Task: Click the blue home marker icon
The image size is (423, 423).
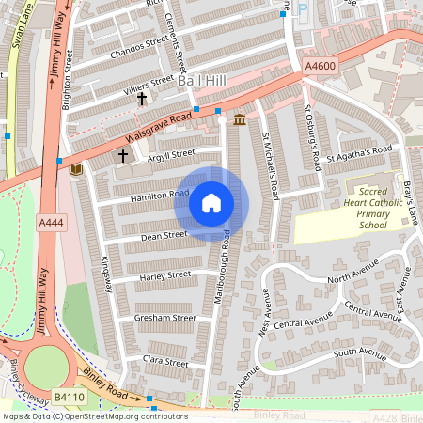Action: click(211, 203)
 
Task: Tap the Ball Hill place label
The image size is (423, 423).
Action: click(203, 83)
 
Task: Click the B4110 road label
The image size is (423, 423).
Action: click(68, 399)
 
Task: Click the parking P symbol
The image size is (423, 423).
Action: click(302, 8)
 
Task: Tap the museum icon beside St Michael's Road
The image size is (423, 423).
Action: click(239, 119)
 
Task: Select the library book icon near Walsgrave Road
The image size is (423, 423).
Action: click(76, 169)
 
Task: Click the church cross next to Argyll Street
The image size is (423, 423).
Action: click(122, 155)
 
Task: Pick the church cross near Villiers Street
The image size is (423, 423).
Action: click(143, 98)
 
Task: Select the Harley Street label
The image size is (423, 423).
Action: click(164, 276)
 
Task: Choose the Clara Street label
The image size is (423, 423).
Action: click(165, 359)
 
